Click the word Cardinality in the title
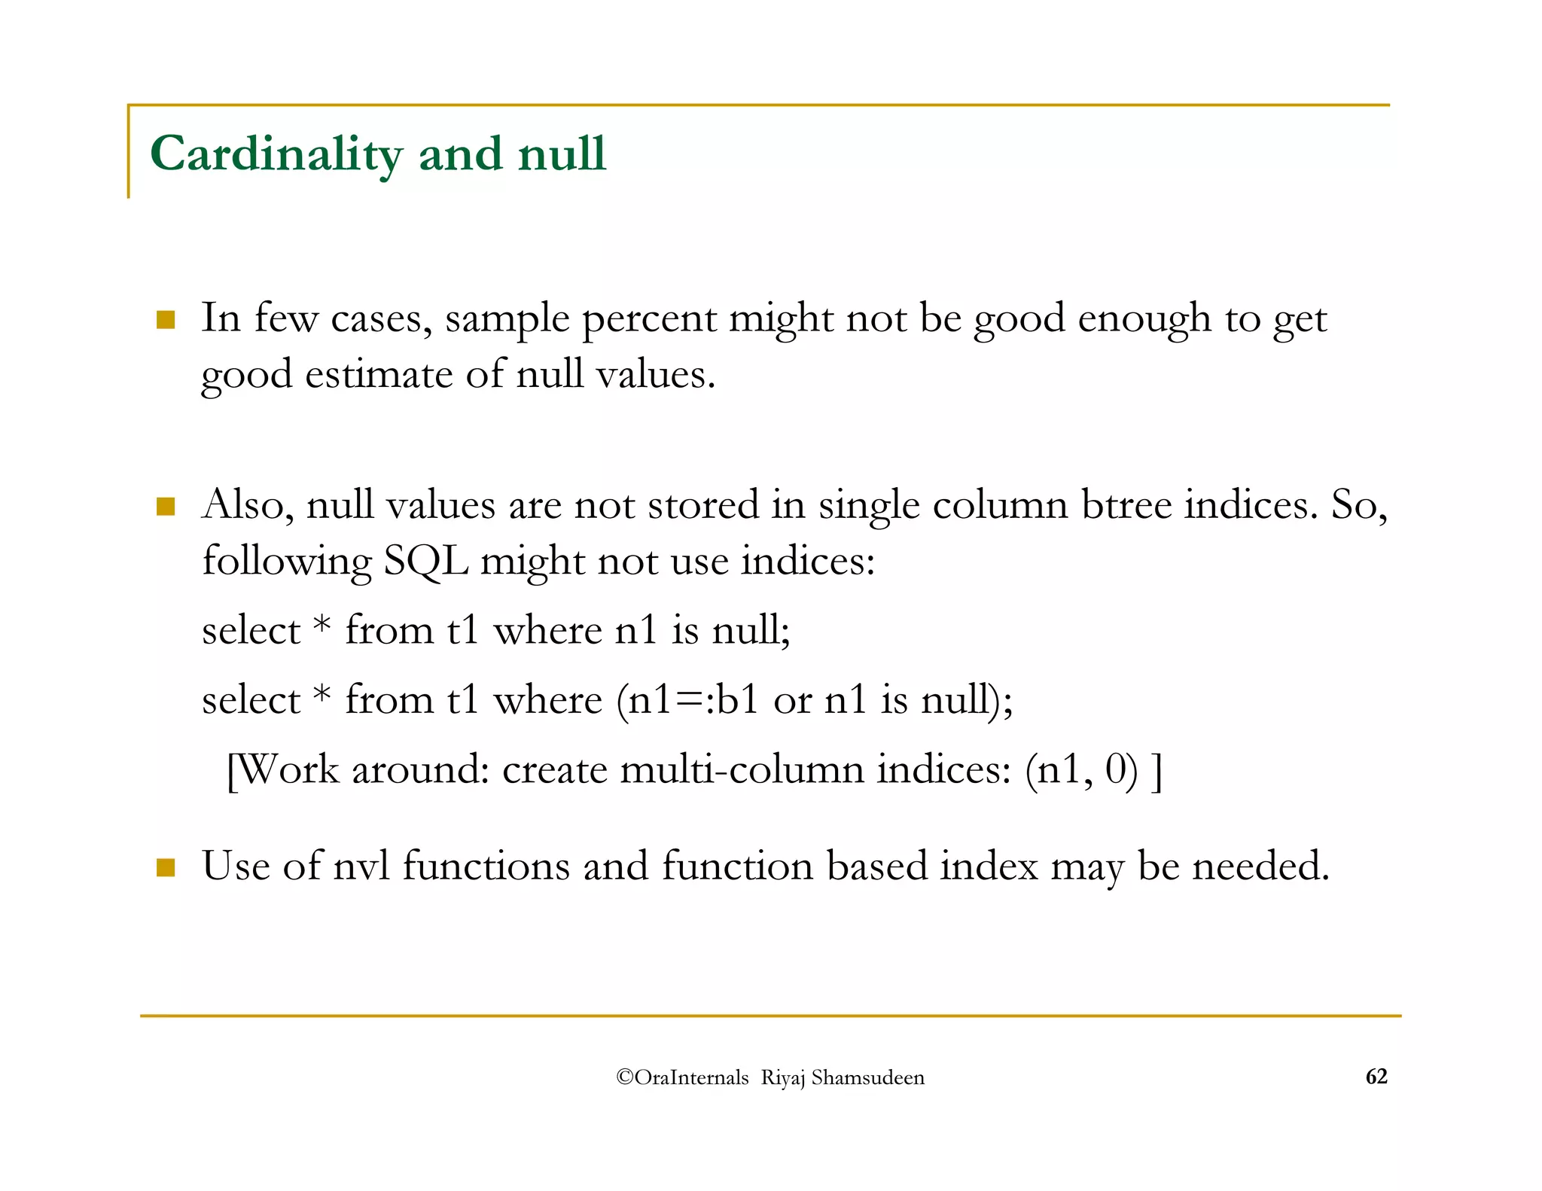[x=276, y=154]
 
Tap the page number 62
[x=1376, y=1077]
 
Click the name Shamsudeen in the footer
[x=867, y=1077]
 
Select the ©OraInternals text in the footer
[x=682, y=1077]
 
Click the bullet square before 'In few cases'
[x=166, y=320]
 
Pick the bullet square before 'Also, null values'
[x=166, y=506]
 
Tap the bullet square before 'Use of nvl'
[x=166, y=867]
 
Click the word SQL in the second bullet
[x=425, y=561]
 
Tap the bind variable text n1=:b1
[x=693, y=699]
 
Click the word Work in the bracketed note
[x=289, y=769]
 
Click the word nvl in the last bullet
[x=361, y=866]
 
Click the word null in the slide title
[x=562, y=154]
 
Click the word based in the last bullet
[x=876, y=866]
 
